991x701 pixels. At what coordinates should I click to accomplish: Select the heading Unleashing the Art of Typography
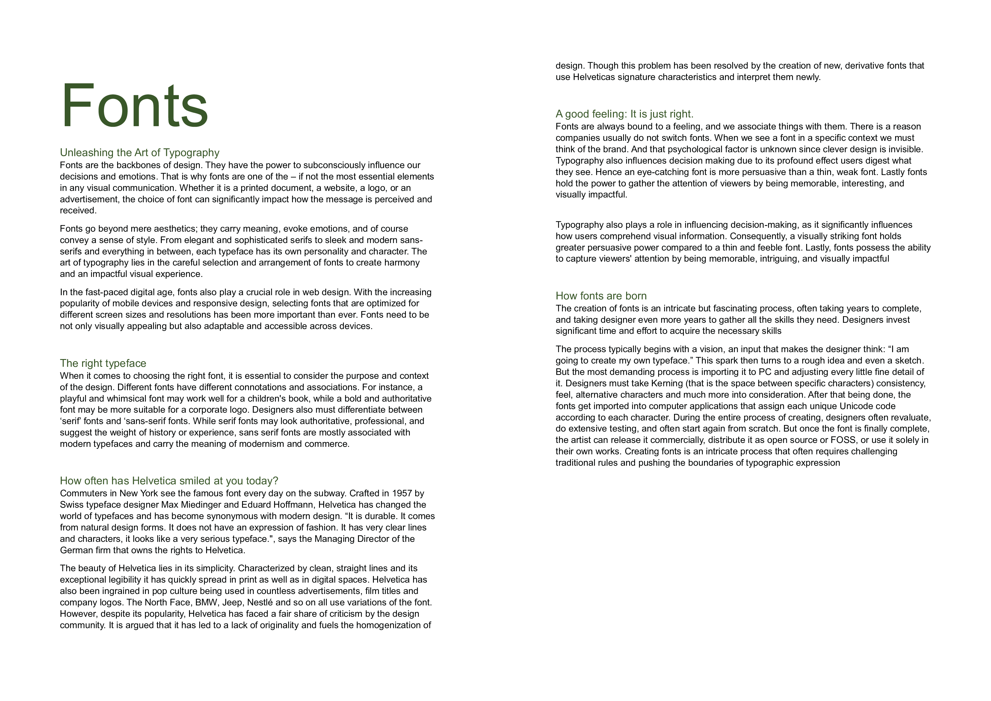tap(139, 153)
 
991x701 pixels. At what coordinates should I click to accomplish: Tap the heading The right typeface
tap(103, 363)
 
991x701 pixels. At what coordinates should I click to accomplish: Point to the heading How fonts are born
tap(601, 296)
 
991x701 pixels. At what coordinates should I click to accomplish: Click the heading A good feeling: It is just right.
tap(624, 114)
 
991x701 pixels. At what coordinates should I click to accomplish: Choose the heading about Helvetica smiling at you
tap(169, 481)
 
